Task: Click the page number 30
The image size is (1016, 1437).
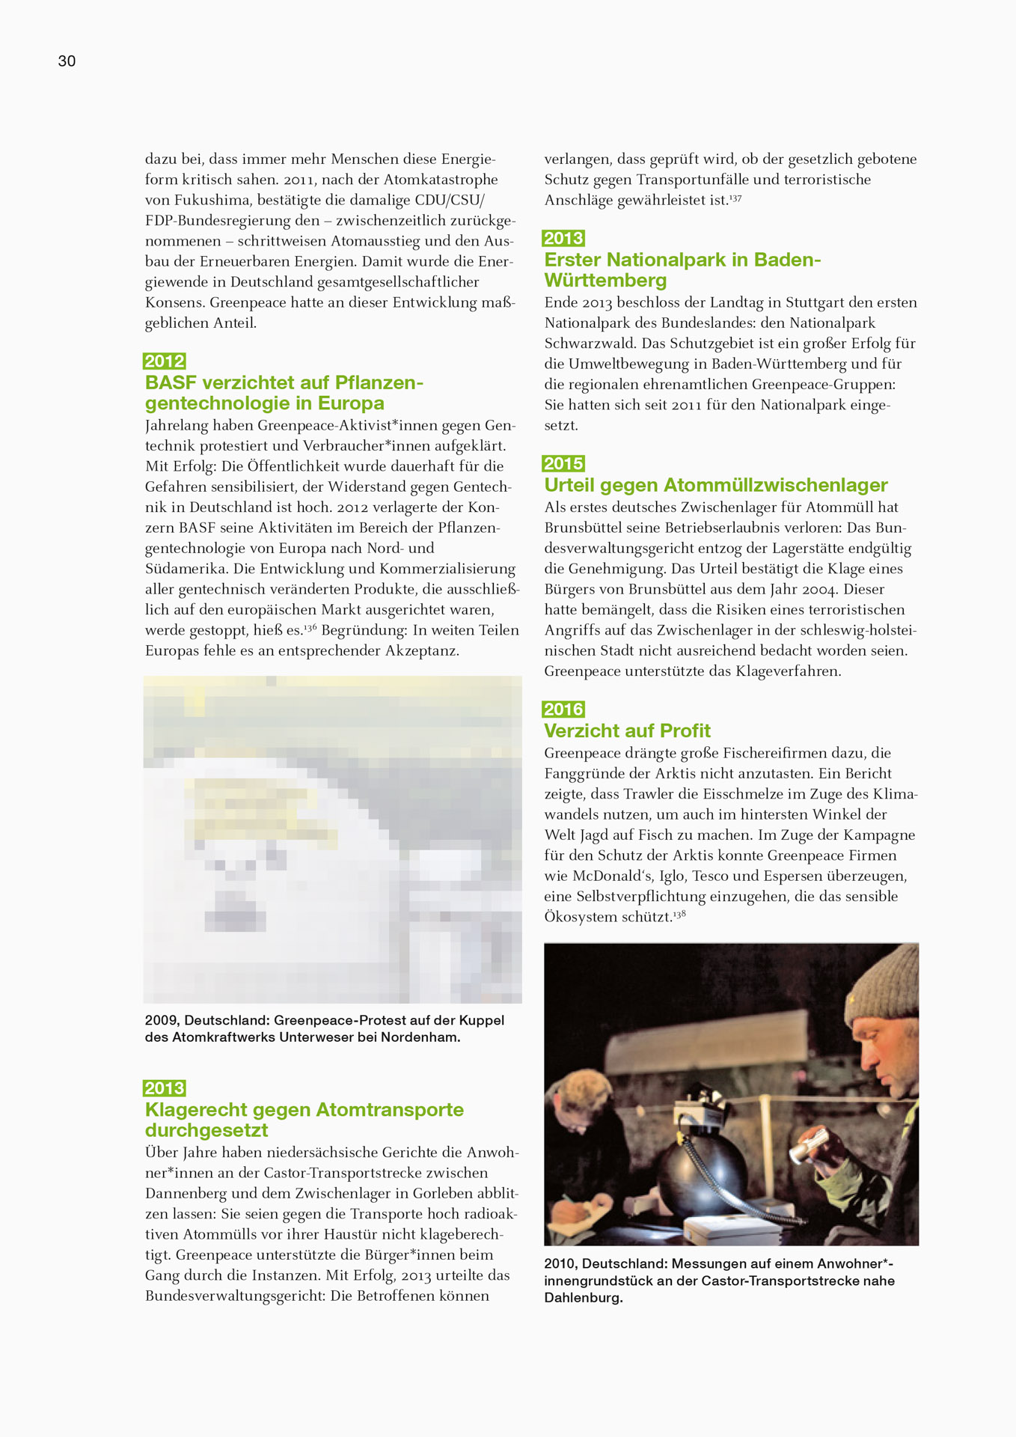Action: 67,61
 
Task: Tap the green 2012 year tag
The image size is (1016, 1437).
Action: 165,361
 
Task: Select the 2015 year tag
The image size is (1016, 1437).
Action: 563,464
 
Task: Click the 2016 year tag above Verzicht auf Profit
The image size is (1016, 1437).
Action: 563,710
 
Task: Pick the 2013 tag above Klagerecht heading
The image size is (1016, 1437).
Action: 165,1088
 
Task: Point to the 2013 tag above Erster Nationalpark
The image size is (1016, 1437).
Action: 563,239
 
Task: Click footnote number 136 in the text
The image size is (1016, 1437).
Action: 310,627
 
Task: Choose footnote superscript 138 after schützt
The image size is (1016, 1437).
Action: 679,914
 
